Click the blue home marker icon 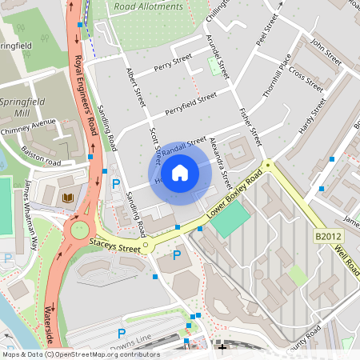tap(180, 173)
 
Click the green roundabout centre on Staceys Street tap(79, 230)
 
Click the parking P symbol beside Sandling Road tap(116, 184)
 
